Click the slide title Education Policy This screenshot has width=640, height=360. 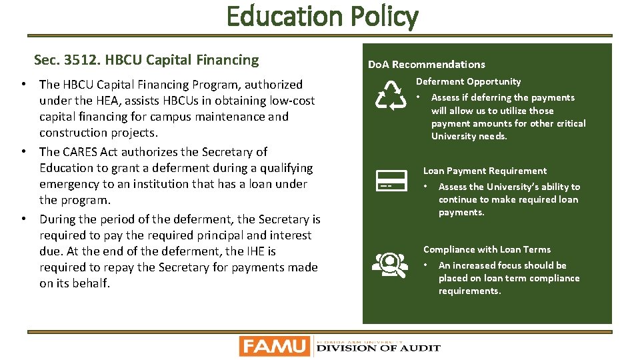(322, 16)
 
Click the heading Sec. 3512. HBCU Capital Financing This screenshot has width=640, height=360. (146, 60)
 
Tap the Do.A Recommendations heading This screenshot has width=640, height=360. (426, 65)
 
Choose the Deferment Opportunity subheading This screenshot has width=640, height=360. (468, 81)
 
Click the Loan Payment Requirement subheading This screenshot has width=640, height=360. (485, 171)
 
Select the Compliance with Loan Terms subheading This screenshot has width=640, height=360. (487, 249)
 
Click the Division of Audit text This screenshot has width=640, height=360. (377, 347)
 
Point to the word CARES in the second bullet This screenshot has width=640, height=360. (81, 152)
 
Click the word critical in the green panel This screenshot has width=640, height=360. (568, 123)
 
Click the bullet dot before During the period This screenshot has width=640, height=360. (24, 219)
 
